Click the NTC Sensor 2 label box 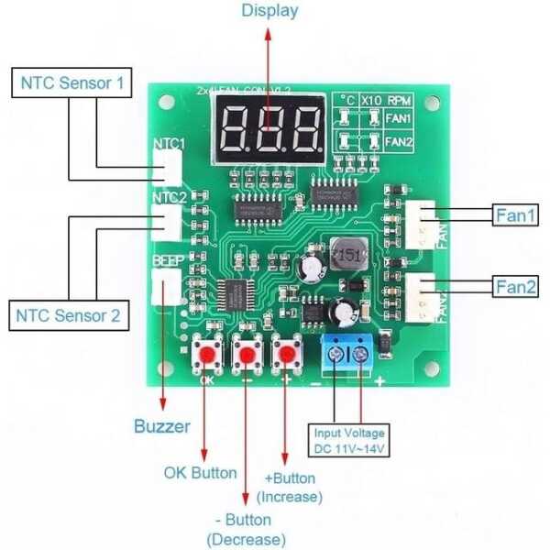(70, 316)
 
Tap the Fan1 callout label (515, 215)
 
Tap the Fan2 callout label (515, 285)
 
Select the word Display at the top (269, 11)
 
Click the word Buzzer (162, 425)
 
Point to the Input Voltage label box (349, 440)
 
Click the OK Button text (200, 473)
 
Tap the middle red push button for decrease (247, 354)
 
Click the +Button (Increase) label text (290, 488)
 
